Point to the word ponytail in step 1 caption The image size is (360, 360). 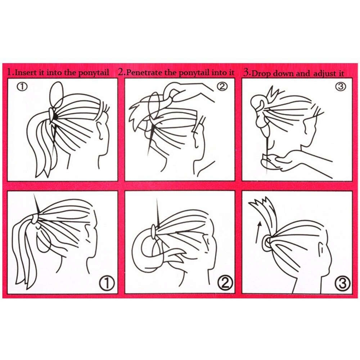click(94, 73)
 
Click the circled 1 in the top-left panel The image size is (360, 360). click(22, 87)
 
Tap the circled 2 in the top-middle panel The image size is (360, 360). click(222, 86)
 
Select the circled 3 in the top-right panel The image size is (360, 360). click(341, 86)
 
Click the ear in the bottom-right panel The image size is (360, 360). click(321, 250)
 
